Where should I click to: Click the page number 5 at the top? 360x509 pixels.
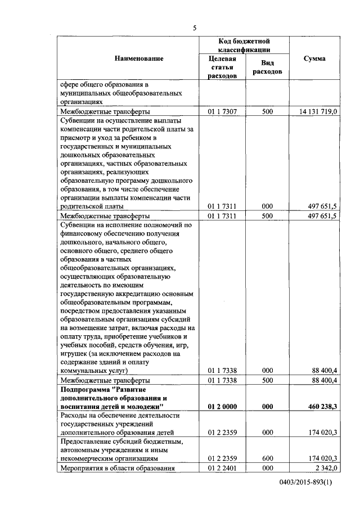(195, 29)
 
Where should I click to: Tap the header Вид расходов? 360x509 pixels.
(267, 67)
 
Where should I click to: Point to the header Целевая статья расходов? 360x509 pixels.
(222, 67)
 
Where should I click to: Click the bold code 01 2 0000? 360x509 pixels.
(222, 406)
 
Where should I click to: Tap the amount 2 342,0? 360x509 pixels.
(325, 468)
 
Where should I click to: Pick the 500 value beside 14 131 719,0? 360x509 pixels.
(267, 112)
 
